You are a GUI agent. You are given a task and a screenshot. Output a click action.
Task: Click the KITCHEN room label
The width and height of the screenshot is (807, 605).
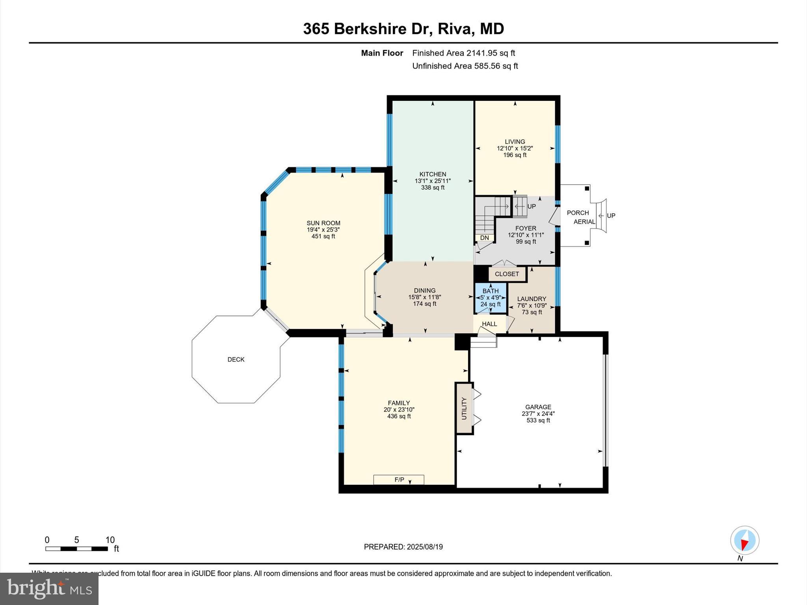[432, 174]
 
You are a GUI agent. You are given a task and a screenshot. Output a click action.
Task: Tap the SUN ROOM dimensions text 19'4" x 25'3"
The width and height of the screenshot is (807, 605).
[323, 230]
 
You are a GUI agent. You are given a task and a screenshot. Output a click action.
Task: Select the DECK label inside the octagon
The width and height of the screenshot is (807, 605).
[236, 359]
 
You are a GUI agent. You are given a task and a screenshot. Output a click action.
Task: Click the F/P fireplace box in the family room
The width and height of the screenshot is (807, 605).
[399, 479]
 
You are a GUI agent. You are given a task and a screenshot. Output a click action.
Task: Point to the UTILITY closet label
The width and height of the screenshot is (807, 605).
[464, 408]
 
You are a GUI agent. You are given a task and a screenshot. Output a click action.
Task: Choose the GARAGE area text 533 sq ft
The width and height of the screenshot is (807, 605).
[538, 420]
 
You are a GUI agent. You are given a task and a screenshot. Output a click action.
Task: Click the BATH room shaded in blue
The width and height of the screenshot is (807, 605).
[490, 298]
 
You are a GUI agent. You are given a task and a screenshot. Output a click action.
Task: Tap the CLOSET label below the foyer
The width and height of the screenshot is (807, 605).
[507, 274]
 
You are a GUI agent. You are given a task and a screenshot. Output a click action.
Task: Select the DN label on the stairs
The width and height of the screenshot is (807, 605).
[484, 238]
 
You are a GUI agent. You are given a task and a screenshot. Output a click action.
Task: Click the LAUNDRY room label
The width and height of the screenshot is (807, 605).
[532, 299]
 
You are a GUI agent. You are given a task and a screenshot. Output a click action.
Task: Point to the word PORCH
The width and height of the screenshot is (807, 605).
[578, 213]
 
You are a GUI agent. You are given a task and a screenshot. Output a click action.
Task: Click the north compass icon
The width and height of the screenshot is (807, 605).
[744, 540]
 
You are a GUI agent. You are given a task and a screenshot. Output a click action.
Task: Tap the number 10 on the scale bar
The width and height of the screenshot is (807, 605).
[110, 540]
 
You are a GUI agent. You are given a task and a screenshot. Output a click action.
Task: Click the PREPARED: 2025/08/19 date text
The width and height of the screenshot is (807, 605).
[403, 547]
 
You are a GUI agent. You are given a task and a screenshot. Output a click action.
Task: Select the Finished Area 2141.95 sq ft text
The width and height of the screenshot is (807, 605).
[463, 53]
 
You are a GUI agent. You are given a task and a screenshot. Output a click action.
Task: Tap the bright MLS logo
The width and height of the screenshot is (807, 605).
[49, 588]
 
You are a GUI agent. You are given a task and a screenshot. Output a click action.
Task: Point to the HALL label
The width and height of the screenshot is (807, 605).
[489, 324]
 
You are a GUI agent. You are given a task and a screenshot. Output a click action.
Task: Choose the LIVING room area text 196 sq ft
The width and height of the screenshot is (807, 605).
[515, 155]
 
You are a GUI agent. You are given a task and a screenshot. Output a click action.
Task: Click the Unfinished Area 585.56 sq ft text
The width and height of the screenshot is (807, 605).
[465, 66]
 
